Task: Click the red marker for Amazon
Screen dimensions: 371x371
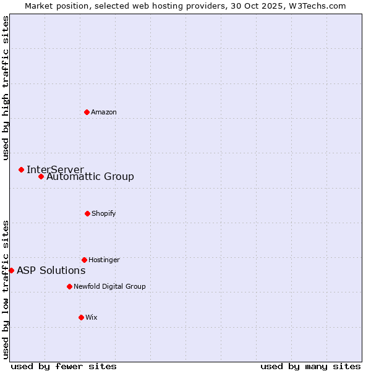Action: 87,112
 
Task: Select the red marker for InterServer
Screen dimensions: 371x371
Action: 21,169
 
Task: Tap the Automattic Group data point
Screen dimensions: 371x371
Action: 41,177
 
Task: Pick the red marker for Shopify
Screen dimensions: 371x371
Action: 87,213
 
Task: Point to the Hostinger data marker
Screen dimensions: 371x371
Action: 84,260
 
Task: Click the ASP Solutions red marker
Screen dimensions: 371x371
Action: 11,270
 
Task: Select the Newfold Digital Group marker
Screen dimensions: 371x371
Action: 69,286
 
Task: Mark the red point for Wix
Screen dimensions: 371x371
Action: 81,317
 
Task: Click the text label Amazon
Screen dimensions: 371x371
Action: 104,112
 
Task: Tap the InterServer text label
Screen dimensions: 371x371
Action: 55,169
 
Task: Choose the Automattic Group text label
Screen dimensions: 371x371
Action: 90,177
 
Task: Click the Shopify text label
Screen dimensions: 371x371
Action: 104,213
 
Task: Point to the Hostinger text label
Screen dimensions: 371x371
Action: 104,260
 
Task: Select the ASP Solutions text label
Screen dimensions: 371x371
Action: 51,270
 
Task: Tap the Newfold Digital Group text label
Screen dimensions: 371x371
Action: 109,286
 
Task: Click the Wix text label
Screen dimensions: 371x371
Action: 92,317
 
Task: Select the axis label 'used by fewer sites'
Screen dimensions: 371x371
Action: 64,366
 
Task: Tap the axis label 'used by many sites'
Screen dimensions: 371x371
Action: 310,366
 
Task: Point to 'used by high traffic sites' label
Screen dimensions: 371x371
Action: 6,88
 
